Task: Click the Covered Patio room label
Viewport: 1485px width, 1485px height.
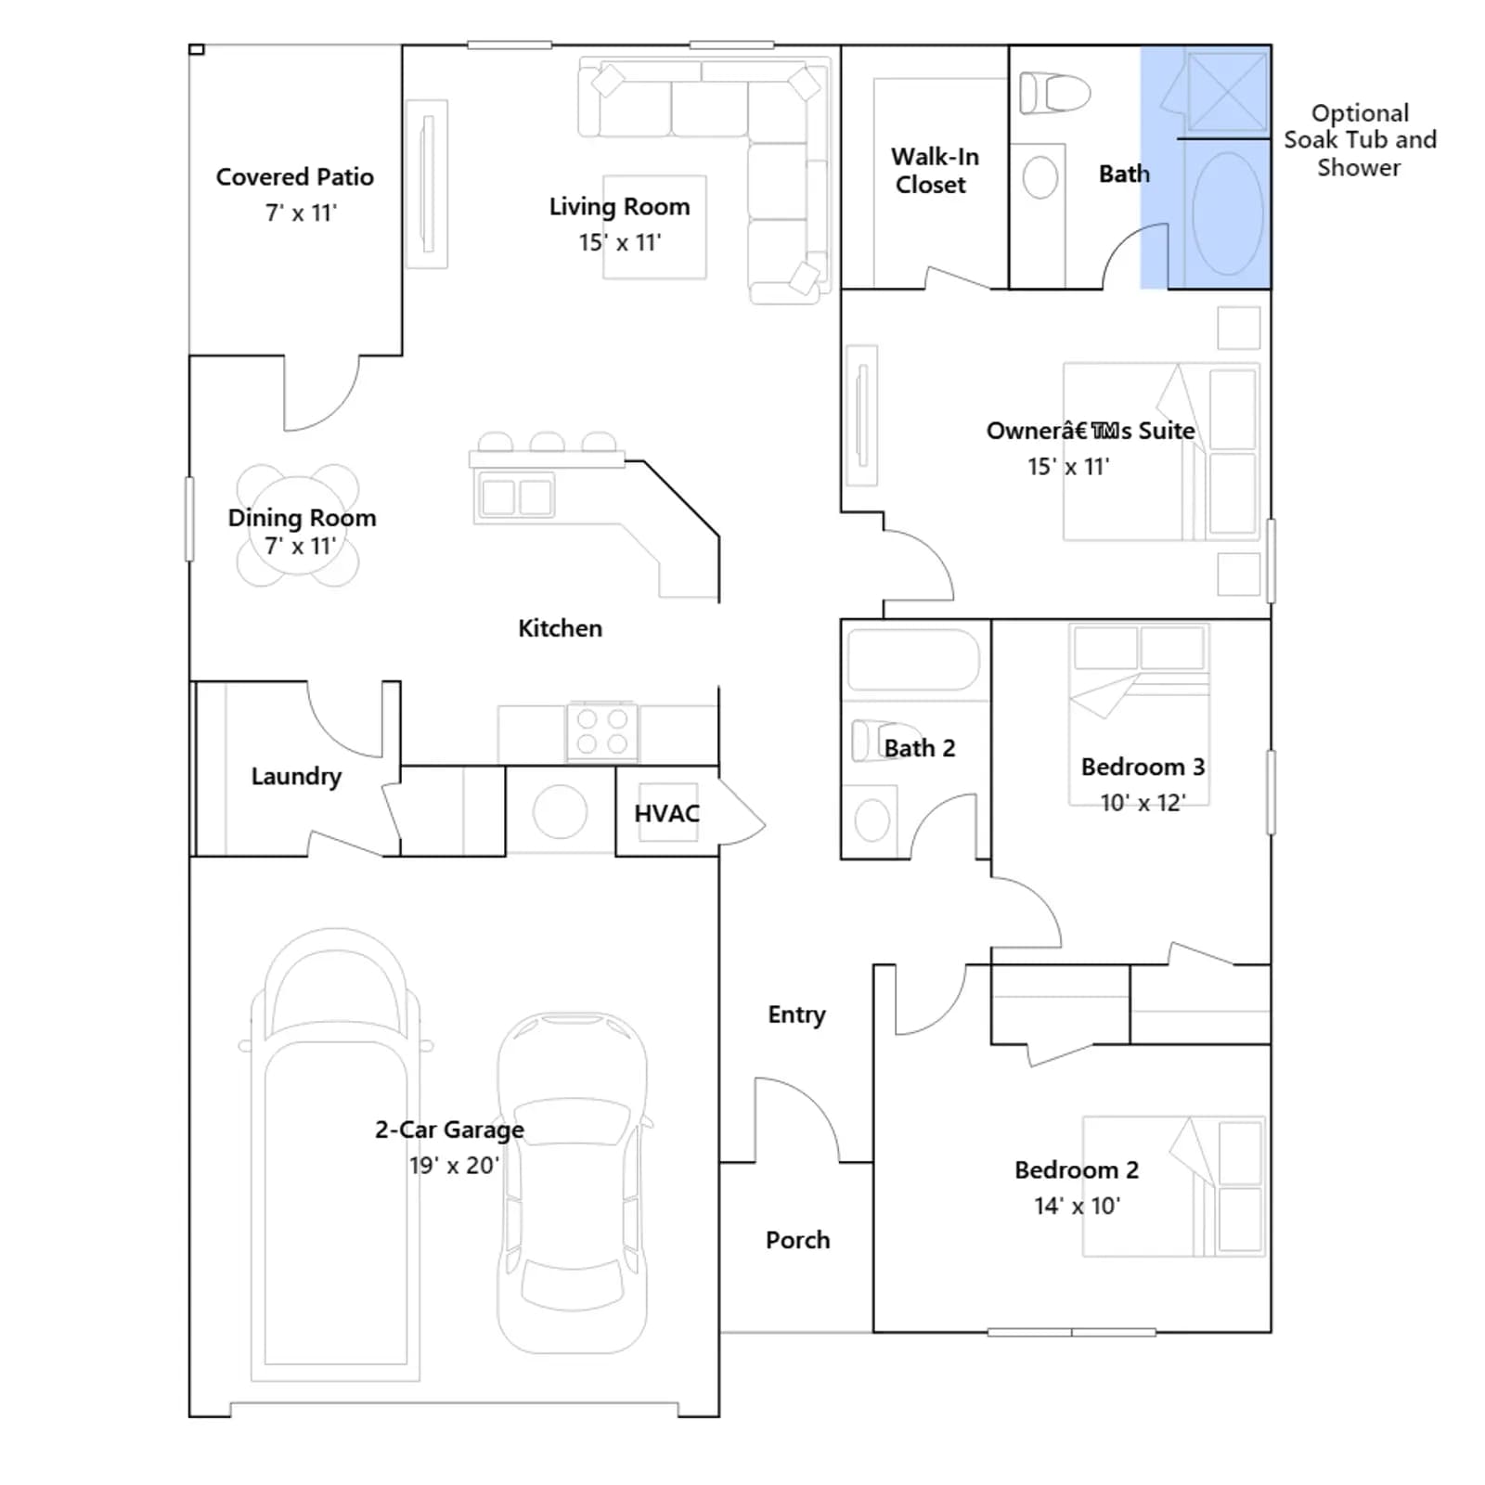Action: pos(295,176)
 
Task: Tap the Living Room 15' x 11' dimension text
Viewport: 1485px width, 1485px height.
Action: pos(620,242)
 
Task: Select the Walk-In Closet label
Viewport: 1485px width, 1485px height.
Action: pos(934,171)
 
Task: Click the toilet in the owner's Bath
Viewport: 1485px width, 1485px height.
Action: pos(1054,93)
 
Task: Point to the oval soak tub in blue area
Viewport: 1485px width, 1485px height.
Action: pos(1227,213)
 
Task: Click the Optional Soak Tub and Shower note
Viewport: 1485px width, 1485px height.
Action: pos(1360,140)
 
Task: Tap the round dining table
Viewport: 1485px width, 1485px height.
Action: pos(298,526)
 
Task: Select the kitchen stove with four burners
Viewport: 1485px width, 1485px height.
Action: pos(602,731)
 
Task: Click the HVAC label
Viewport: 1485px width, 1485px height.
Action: pos(666,814)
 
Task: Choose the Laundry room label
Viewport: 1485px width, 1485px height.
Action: pos(296,776)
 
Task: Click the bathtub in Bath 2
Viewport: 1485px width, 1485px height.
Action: pos(914,660)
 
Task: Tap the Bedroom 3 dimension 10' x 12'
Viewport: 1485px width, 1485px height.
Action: pos(1143,803)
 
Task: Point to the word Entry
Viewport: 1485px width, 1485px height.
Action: pos(796,1015)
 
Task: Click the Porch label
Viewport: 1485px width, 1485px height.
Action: pos(797,1240)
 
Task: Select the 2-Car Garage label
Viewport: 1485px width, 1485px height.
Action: pos(449,1130)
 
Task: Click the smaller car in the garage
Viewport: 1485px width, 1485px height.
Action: pos(573,1182)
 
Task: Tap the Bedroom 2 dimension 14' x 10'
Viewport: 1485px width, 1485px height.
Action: pos(1077,1206)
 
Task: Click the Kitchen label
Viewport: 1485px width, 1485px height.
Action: pos(560,628)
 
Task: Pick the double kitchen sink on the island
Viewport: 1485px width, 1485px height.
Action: pos(516,497)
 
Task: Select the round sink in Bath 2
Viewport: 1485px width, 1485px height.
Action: pos(872,821)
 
